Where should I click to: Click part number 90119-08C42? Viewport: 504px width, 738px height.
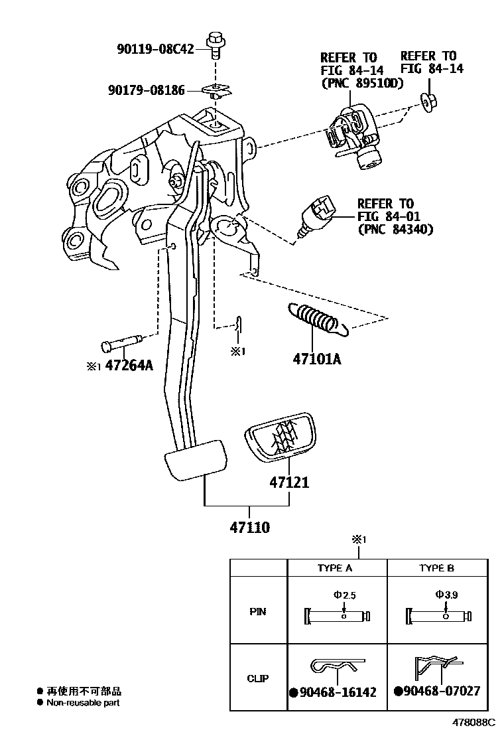tap(156, 48)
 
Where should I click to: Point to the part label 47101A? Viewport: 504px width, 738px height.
tap(316, 360)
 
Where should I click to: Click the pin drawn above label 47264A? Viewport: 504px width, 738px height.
tap(123, 344)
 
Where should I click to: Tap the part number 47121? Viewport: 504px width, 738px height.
tap(288, 482)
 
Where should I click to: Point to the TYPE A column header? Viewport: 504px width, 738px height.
tap(336, 568)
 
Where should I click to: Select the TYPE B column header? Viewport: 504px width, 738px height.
tap(436, 568)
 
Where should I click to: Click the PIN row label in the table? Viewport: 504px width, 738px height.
tap(258, 611)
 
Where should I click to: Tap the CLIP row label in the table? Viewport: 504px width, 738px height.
tap(258, 678)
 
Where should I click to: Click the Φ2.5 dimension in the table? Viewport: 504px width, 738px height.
tap(345, 595)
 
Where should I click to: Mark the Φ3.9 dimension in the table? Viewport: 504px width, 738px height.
tap(448, 595)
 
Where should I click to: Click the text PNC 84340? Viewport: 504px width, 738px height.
tap(395, 230)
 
